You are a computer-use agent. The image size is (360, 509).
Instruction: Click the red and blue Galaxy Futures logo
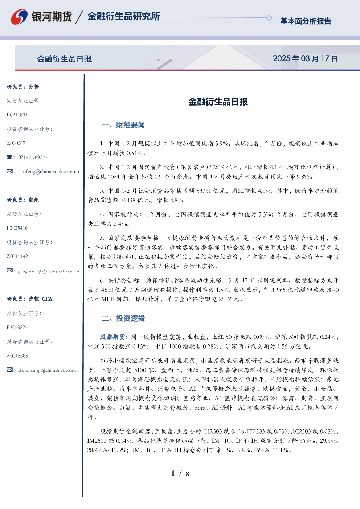(19, 17)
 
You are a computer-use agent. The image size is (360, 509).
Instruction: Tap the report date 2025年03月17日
(305, 59)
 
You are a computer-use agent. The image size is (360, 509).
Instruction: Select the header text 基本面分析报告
(306, 21)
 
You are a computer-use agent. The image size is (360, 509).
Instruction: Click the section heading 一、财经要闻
(123, 125)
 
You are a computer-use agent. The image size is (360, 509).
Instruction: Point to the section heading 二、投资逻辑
(123, 319)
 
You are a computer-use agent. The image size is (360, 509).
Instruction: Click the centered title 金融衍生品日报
(218, 102)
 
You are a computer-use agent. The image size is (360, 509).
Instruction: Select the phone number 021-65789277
(33, 157)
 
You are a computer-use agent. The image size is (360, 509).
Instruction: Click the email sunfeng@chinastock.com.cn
(49, 172)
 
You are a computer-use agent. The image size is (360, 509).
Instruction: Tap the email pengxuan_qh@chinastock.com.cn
(48, 271)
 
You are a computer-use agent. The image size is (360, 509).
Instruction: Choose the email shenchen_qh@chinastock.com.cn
(48, 370)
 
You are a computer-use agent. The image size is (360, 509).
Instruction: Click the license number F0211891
(17, 115)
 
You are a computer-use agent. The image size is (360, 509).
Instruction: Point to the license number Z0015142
(17, 256)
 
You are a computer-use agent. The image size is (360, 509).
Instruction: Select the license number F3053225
(17, 328)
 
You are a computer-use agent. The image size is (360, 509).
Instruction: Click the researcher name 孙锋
(34, 87)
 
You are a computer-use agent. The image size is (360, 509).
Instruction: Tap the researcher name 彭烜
(34, 200)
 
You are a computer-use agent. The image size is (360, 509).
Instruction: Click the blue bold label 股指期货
(112, 337)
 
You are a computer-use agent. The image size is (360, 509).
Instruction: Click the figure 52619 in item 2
(217, 167)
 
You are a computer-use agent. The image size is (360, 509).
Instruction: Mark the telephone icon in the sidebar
(9, 157)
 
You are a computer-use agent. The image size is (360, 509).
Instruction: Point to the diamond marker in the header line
(269, 18)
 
